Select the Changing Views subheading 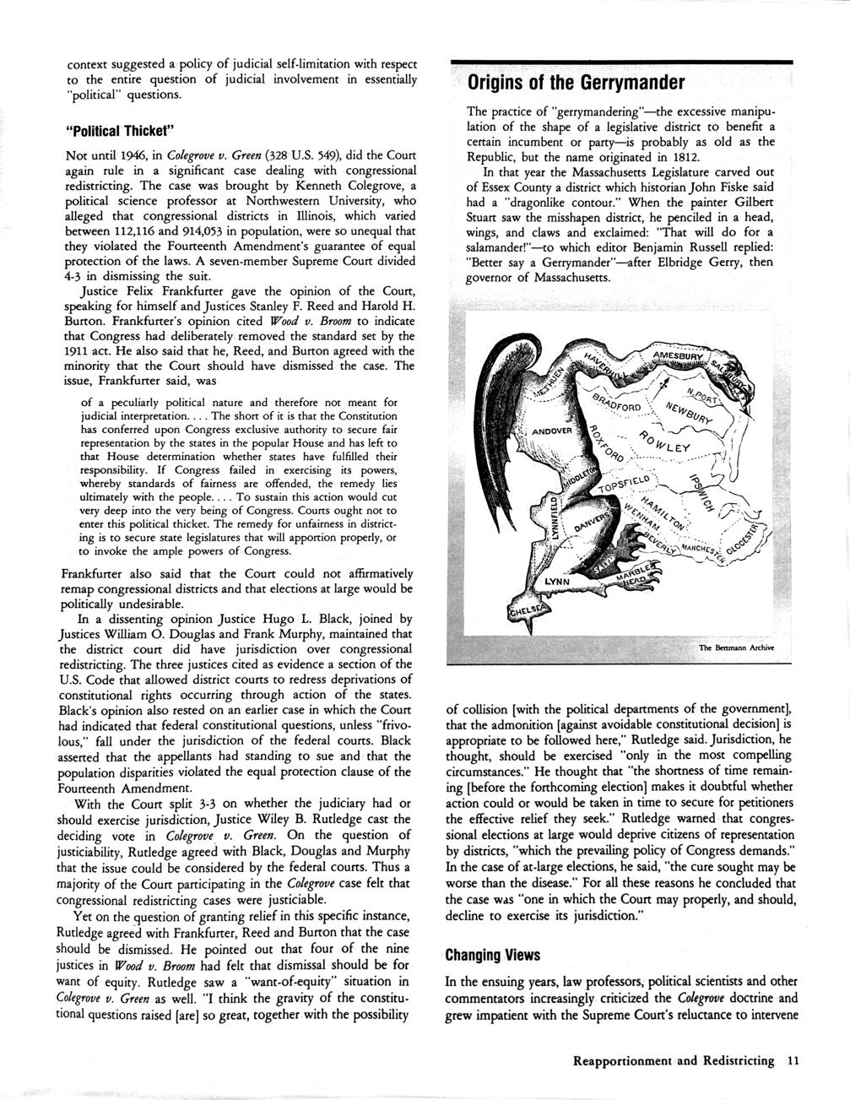coord(493,955)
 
